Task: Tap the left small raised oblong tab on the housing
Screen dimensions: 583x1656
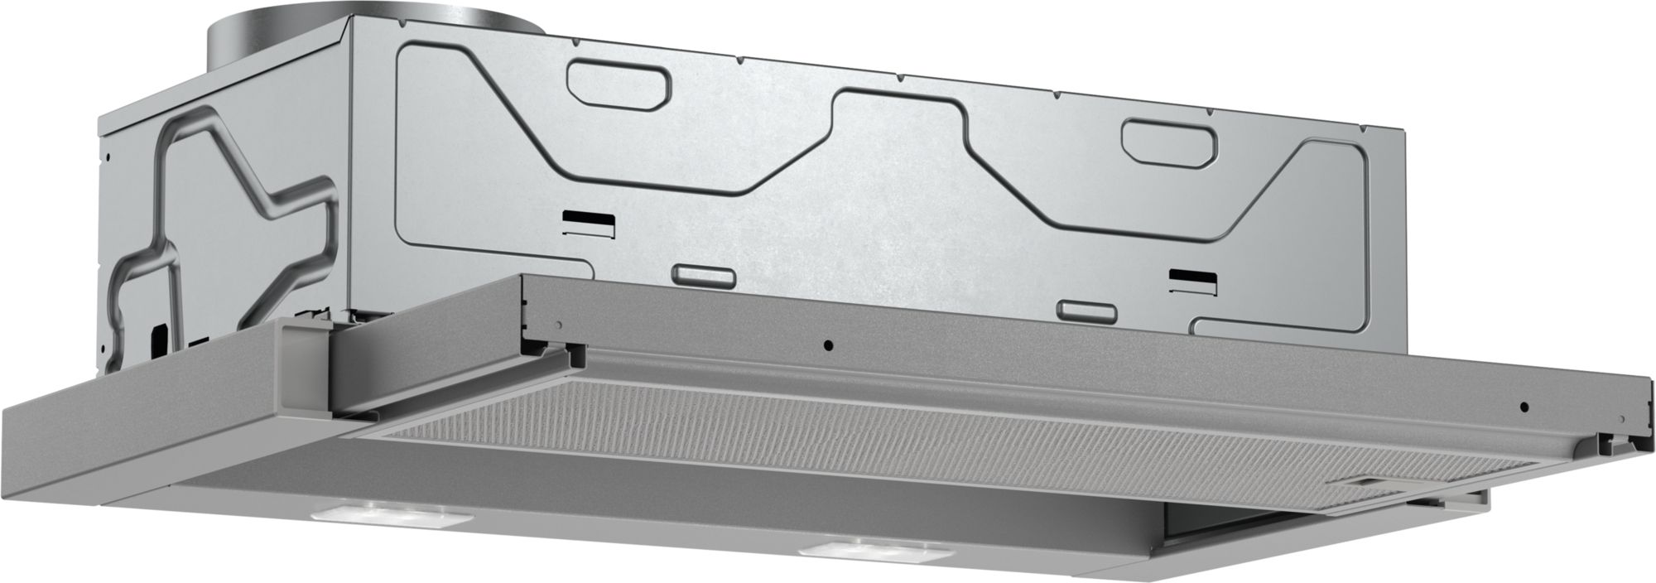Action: [x=702, y=274]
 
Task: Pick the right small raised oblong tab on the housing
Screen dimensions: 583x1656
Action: [x=1086, y=309]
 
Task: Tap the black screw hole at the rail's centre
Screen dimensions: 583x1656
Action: [x=828, y=344]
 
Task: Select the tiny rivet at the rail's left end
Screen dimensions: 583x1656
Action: [x=562, y=321]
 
